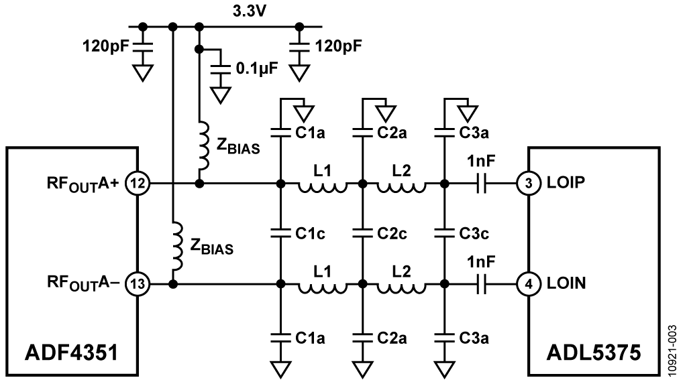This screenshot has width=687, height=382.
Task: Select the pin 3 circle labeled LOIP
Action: tap(529, 183)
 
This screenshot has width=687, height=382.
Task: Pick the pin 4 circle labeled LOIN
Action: tap(529, 284)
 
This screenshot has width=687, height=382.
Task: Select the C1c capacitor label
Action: tap(311, 233)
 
